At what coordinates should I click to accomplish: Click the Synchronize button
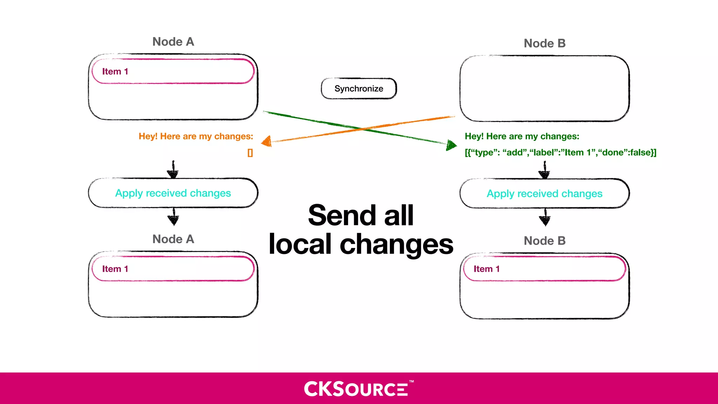[359, 88]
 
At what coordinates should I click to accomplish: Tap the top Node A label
[173, 42]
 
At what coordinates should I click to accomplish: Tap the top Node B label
[544, 43]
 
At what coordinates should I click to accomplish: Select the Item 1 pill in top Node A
[173, 72]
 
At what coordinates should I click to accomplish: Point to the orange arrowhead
[267, 141]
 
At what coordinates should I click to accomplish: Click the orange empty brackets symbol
[250, 153]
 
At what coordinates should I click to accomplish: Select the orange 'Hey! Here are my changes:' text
[196, 136]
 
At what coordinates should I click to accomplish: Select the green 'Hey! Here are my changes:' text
[522, 136]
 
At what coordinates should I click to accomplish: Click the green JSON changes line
[560, 153]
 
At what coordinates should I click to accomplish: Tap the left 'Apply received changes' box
[173, 193]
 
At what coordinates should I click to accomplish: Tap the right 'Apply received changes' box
[544, 194]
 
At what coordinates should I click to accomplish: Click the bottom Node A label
[173, 239]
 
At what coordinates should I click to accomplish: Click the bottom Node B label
[544, 241]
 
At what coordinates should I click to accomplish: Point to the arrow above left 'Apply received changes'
[173, 170]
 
